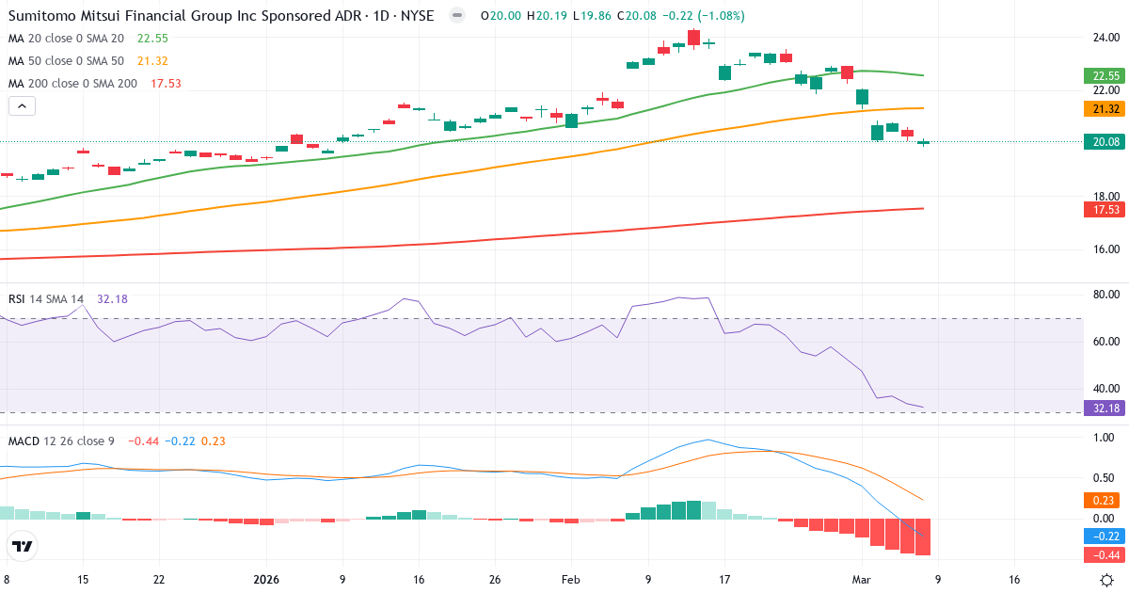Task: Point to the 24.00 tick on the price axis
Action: click(1105, 38)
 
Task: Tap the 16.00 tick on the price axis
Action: click(1105, 249)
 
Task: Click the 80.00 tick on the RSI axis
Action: click(1105, 295)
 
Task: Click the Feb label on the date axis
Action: click(571, 580)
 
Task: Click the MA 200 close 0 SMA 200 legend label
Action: click(72, 84)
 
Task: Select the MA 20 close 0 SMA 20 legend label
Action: click(66, 39)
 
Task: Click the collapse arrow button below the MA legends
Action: click(23, 106)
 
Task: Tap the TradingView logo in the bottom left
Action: click(23, 546)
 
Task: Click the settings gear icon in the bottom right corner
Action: click(1107, 580)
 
